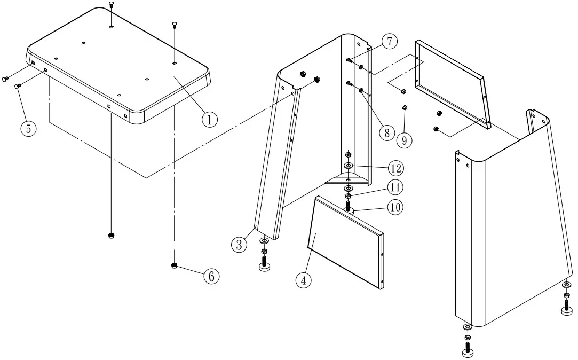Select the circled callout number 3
point(239,245)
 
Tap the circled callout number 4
point(303,280)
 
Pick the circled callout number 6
point(211,276)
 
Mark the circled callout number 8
point(387,132)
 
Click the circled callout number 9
point(405,140)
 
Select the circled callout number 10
point(395,207)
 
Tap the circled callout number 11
point(395,187)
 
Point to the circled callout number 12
point(395,168)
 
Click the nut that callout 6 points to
point(174,266)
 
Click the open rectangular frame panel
point(451,83)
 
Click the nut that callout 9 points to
point(405,108)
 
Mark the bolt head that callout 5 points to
point(18,86)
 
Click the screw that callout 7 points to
point(349,59)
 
